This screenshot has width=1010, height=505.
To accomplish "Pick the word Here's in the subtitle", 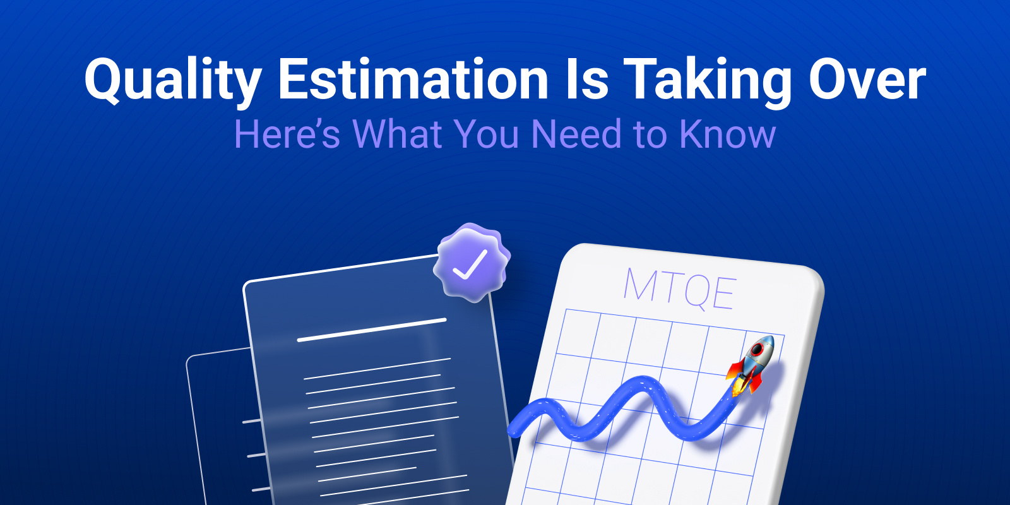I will (x=287, y=134).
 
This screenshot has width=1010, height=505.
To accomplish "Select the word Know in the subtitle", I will (x=727, y=134).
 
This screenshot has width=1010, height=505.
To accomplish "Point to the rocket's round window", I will (x=757, y=349).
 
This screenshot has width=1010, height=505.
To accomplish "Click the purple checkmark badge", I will (x=471, y=264).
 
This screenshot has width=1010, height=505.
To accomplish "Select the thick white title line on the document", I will (x=371, y=330).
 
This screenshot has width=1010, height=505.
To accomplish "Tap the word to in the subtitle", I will (x=651, y=134).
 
